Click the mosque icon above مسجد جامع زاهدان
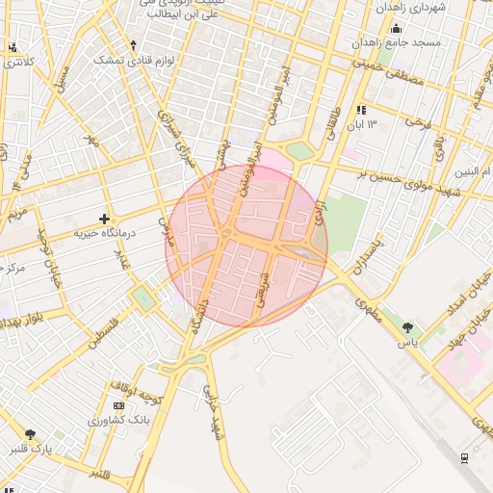coord(396,28)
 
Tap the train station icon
coord(466,457)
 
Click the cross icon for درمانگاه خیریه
coord(105,219)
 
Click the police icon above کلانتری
coord(12,47)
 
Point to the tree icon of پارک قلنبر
coord(30,434)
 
